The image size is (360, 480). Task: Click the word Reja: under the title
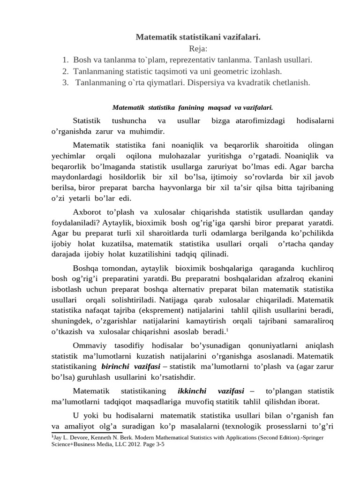tap(198, 49)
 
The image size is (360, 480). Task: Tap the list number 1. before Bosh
tap(66, 60)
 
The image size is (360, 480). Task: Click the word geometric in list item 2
tap(225, 71)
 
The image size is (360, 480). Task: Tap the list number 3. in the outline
tap(66, 82)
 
